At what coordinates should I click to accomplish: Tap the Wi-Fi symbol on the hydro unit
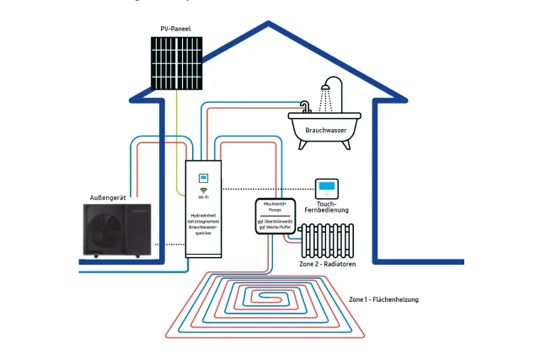tap(203, 190)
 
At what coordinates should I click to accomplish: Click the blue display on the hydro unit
tap(203, 178)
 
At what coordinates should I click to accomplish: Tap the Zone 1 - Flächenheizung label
tap(383, 299)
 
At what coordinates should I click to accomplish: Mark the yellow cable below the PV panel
tap(176, 126)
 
